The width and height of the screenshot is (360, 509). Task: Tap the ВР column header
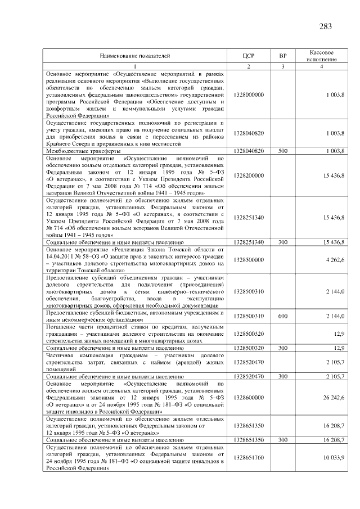tap(283, 56)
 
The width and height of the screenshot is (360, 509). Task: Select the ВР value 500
tap(283, 152)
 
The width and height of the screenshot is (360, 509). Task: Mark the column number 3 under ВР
tap(283, 67)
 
